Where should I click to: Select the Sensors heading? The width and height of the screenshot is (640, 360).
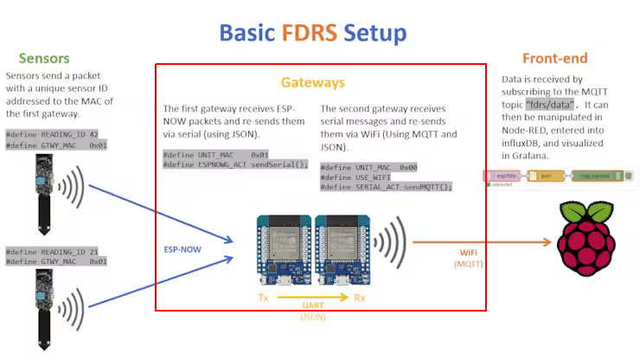pyautogui.click(x=43, y=59)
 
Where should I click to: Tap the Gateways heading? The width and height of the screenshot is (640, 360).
pyautogui.click(x=312, y=83)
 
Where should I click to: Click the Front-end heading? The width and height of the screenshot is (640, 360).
pyautogui.click(x=554, y=59)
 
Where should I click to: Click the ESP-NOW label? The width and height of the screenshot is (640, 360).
pyautogui.click(x=183, y=249)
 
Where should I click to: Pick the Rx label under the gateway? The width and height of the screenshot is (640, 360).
pyautogui.click(x=359, y=298)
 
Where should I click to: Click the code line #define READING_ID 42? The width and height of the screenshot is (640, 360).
pyautogui.click(x=52, y=135)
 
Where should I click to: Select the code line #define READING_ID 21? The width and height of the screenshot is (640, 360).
pyautogui.click(x=52, y=252)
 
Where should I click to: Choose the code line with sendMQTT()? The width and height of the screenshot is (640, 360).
pyautogui.click(x=386, y=186)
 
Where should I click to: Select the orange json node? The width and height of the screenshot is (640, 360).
pyautogui.click(x=545, y=176)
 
